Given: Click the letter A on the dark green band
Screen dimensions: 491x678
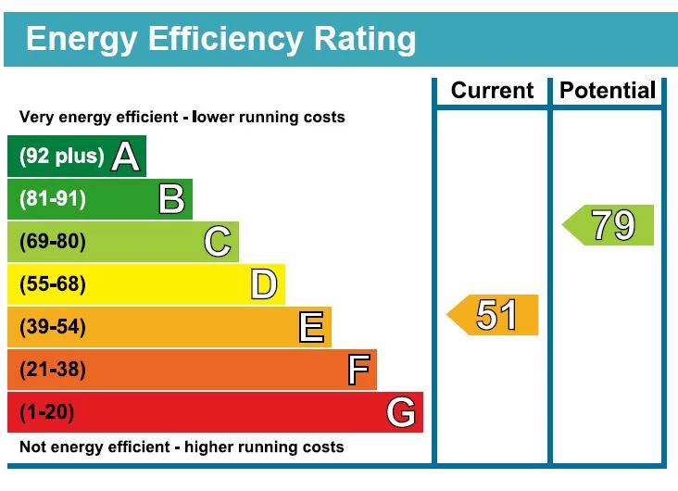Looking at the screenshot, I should [125, 157].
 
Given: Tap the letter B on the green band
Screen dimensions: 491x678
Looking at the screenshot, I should [171, 199].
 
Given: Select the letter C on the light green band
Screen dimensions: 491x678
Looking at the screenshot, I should [218, 242].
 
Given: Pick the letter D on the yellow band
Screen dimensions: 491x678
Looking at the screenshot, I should [264, 284].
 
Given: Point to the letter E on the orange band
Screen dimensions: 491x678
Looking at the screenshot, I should [311, 327].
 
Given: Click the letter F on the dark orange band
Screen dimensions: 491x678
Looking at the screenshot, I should [358, 370].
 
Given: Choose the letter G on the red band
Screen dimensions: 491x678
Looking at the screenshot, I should [401, 412].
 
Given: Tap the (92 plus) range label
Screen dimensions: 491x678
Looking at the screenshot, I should [61, 156].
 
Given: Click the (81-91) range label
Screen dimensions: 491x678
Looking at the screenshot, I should [53, 199].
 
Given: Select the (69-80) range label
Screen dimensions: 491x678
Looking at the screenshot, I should [53, 242].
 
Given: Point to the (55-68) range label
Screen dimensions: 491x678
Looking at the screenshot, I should [53, 284].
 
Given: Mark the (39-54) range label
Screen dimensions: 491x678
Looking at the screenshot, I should [53, 327].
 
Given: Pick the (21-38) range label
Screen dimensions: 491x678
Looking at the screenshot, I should [53, 370].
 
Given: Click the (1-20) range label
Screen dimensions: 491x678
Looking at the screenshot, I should [46, 412].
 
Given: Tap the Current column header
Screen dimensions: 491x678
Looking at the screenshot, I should [492, 91].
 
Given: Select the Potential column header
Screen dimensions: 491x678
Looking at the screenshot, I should [608, 91].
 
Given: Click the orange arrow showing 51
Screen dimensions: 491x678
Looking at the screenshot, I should [494, 315].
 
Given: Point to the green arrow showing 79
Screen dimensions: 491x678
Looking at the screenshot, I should [609, 225].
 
